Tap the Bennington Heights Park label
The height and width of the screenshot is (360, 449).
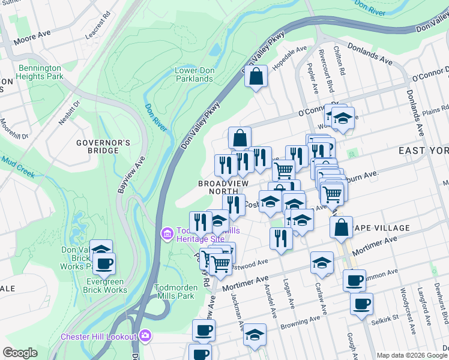pos(41,73)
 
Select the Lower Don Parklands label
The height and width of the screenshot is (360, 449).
pos(194,74)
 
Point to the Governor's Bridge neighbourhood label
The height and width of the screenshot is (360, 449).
pos(103,146)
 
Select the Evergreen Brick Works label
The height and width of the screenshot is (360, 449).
pos(98,286)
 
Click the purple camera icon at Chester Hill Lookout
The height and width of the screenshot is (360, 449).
pos(145,335)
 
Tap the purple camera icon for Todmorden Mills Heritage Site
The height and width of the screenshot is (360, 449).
pos(167,232)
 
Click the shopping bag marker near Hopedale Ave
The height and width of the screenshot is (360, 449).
pos(256,77)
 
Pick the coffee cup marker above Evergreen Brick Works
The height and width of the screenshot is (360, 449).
pos(104,263)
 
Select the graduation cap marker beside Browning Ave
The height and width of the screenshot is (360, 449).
pos(255,334)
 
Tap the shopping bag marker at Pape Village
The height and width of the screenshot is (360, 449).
pos(341,227)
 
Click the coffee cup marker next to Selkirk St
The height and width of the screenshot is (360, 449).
pos(361,304)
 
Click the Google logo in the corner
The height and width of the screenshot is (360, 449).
pos(20,353)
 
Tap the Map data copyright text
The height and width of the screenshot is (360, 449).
pos(412,355)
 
